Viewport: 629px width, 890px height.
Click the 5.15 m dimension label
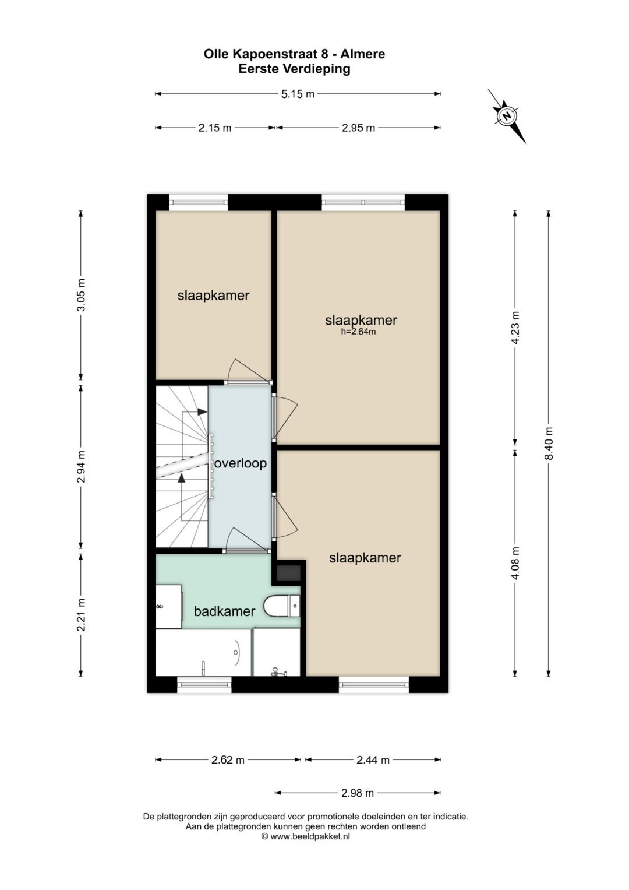click(x=298, y=94)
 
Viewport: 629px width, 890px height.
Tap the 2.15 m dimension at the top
click(x=214, y=128)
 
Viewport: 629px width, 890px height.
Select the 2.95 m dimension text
click(x=358, y=128)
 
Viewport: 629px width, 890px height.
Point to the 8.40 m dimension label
click(x=549, y=443)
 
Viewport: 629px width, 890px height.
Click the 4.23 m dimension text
click(x=515, y=328)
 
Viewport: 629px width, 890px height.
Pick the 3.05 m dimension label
click(x=81, y=296)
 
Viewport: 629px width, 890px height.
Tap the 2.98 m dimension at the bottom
click(x=358, y=793)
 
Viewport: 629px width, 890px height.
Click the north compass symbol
click(x=507, y=116)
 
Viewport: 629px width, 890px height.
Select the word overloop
click(x=241, y=463)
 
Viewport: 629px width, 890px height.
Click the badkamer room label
click(x=224, y=611)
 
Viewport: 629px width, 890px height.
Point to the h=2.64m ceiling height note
click(x=358, y=332)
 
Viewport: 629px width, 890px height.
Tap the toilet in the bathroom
click(x=282, y=606)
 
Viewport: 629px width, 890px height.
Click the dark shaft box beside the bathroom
click(x=288, y=572)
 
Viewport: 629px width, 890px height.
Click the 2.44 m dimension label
click(x=373, y=760)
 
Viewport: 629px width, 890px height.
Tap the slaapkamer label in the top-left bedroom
click(x=213, y=296)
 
